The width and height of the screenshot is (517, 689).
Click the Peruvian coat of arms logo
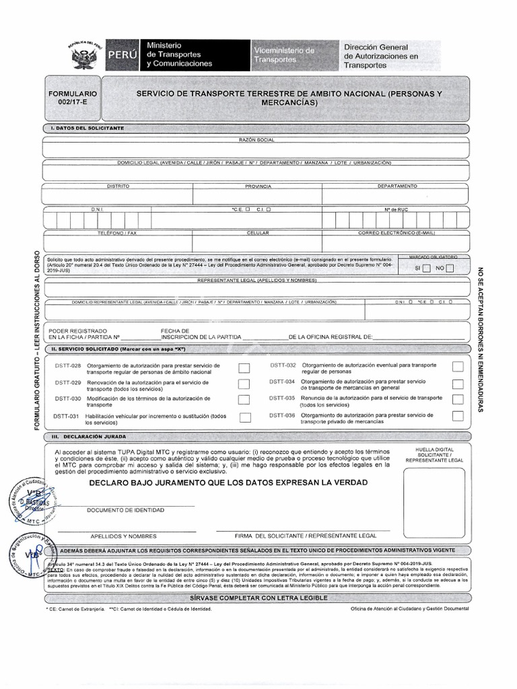(85, 54)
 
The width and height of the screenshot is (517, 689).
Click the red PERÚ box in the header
(120, 55)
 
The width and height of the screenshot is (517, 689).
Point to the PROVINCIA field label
(258, 186)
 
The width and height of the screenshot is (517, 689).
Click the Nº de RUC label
(397, 209)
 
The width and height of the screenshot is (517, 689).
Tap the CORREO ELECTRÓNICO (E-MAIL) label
(397, 233)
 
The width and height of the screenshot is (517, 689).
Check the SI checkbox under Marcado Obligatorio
(426, 268)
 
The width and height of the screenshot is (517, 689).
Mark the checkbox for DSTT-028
(244, 368)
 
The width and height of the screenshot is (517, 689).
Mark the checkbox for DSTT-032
(458, 367)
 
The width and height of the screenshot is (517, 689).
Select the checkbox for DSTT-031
(244, 417)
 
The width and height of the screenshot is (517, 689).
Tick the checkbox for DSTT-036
(458, 416)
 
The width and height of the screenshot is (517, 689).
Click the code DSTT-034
(282, 382)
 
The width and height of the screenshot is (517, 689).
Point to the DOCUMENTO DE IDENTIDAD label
(125, 510)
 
